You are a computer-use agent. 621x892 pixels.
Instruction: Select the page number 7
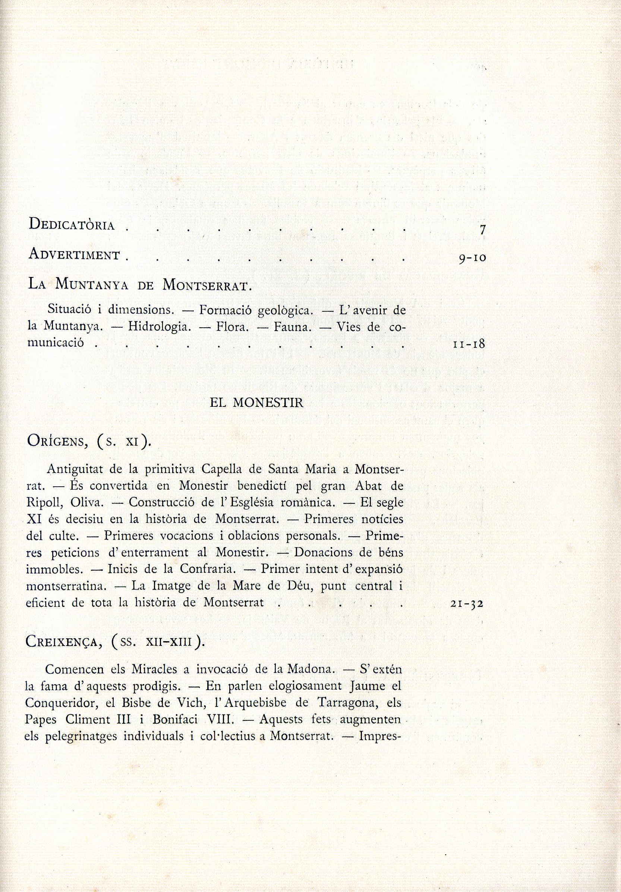pyautogui.click(x=482, y=230)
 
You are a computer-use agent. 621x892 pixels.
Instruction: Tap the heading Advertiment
pyautogui.click(x=74, y=255)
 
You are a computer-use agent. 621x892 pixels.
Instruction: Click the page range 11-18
pyautogui.click(x=469, y=344)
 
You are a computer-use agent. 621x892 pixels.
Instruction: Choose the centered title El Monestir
pyautogui.click(x=256, y=402)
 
